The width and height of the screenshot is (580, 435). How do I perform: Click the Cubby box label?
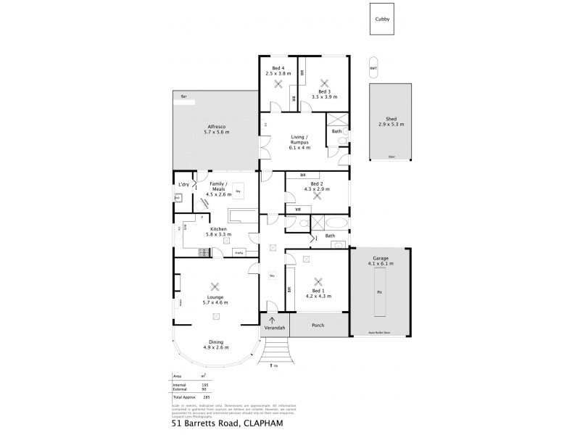pos(381,20)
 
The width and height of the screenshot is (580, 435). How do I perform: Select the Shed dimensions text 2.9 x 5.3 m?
pos(391,125)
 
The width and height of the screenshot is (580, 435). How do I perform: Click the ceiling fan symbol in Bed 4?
pos(278,83)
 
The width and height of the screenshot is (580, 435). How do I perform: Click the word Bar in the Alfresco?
pos(184,96)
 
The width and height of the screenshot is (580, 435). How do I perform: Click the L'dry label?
pos(184,185)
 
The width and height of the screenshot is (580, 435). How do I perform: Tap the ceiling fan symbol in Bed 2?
pos(316,196)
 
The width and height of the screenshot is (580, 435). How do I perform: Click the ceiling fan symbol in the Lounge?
pos(214,286)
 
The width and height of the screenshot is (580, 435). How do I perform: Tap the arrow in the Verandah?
pos(273,320)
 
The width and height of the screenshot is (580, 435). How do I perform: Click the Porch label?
pos(318,325)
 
